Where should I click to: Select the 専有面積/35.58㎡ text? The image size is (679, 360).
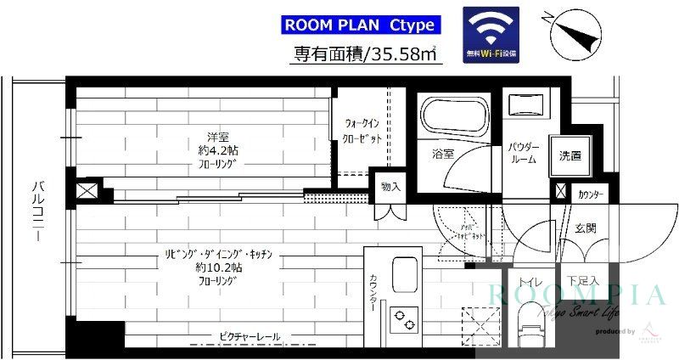pos(365,54)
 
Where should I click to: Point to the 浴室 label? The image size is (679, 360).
pos(443,155)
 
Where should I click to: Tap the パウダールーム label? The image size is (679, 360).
pos(522,153)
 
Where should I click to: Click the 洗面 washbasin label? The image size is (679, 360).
pos(570,155)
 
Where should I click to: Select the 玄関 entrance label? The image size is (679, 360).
pos(585,228)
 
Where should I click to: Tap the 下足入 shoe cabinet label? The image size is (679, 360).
pos(583,281)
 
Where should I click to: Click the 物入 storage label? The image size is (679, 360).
pos(390,187)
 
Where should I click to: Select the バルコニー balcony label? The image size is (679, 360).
pos(37,212)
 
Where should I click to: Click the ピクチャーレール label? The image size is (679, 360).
pos(250,337)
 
